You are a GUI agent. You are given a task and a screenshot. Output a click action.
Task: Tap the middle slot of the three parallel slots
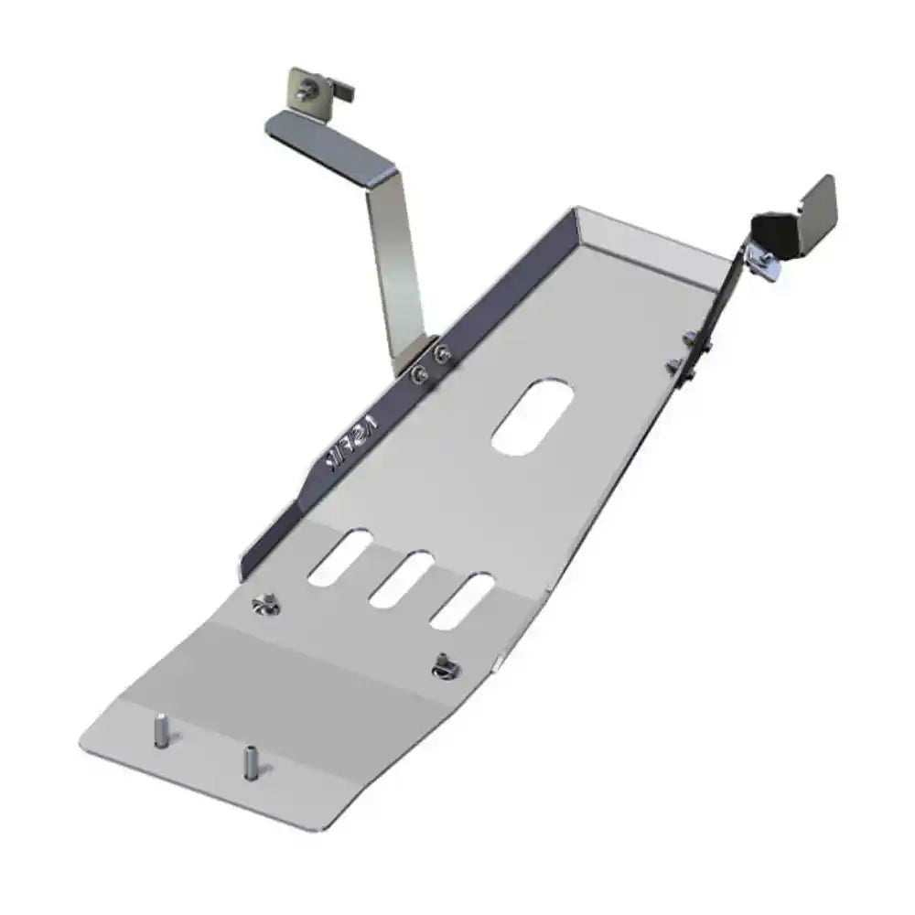pyautogui.click(x=400, y=579)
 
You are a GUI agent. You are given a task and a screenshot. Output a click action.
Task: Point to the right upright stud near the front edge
pyautogui.click(x=248, y=760)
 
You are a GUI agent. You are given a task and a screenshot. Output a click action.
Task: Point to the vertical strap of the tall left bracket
pyautogui.click(x=395, y=265)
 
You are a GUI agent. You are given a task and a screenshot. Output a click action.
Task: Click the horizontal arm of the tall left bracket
pyautogui.click(x=329, y=144)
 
